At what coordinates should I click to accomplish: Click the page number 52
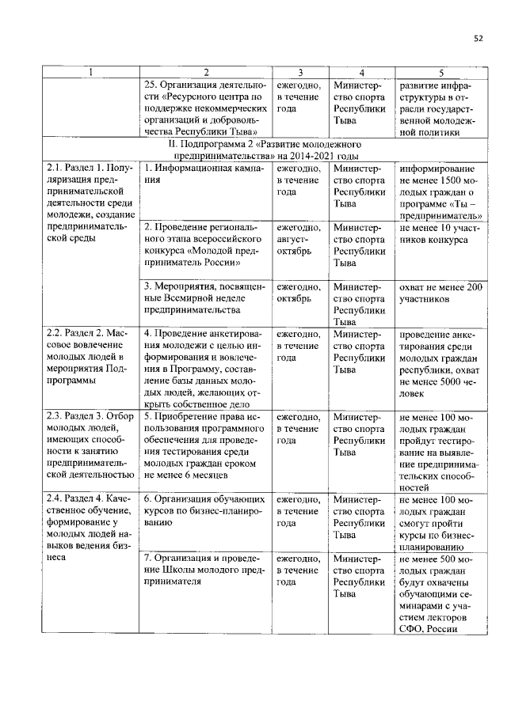[478, 37]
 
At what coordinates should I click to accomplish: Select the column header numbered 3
[300, 73]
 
